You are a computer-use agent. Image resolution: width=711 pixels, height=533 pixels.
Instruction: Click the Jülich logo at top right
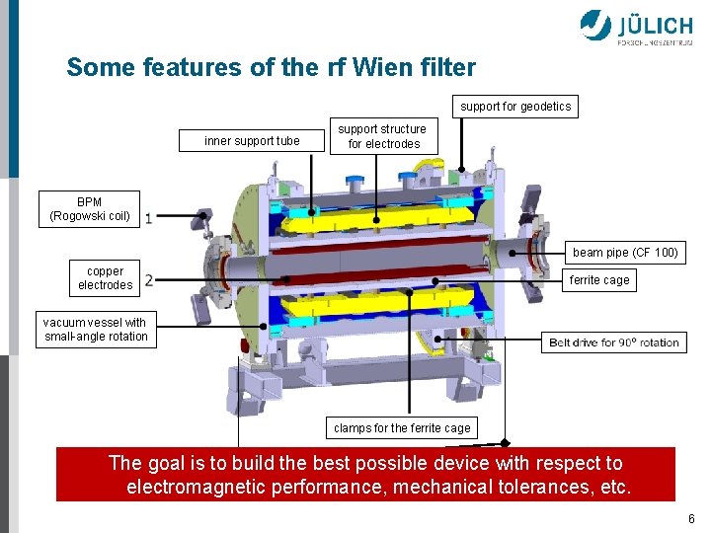(636, 27)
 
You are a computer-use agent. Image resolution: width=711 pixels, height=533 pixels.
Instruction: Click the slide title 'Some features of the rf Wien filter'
(271, 68)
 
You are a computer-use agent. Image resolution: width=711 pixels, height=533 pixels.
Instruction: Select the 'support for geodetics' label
(515, 106)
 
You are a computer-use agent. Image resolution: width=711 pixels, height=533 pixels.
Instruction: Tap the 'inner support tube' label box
(252, 141)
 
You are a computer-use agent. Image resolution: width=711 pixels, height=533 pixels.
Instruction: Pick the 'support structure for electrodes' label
(382, 136)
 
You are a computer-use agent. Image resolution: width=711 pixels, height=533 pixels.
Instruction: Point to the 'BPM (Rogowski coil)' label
(90, 209)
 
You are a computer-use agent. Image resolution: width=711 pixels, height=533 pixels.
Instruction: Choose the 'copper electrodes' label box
(106, 278)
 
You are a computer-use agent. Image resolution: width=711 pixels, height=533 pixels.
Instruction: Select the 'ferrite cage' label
(599, 280)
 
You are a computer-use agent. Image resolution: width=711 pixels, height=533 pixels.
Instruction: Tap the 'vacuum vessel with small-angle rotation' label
(96, 330)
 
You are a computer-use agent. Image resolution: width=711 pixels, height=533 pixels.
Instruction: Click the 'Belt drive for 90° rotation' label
(614, 343)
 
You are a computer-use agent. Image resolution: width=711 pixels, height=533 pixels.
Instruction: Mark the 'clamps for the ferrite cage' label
(402, 428)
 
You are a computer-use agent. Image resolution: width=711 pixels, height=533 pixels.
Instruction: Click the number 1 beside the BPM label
(148, 217)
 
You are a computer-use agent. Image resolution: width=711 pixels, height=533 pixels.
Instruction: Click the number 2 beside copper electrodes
(148, 280)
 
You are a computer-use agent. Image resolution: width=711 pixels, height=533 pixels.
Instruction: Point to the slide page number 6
(691, 519)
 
